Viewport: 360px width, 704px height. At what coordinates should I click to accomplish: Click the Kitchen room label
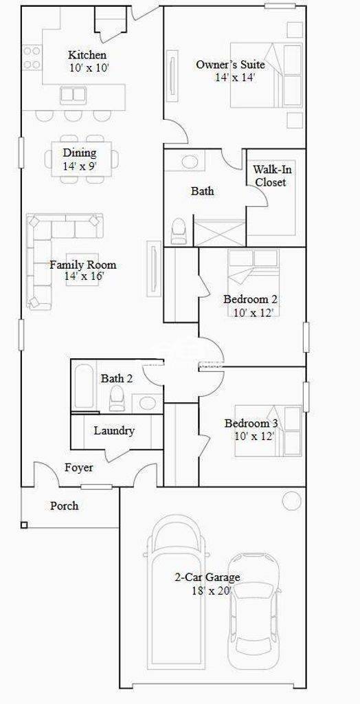click(x=87, y=55)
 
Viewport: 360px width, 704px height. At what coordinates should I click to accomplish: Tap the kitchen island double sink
click(x=73, y=94)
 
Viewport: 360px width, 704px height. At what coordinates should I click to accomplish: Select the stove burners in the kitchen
click(x=32, y=58)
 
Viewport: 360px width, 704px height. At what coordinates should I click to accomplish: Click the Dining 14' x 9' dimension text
click(x=80, y=166)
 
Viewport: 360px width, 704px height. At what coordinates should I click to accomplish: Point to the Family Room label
click(x=82, y=265)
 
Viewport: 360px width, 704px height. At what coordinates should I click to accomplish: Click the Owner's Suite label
click(x=230, y=65)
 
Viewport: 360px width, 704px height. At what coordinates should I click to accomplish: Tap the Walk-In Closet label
click(x=270, y=176)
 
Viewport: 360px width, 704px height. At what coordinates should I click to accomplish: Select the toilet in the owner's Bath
click(x=179, y=231)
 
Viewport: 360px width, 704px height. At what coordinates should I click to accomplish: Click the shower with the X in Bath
click(x=219, y=232)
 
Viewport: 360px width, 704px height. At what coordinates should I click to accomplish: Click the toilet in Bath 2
click(x=117, y=397)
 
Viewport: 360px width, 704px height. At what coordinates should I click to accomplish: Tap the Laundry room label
click(x=114, y=430)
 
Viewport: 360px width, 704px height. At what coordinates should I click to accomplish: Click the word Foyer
click(x=79, y=467)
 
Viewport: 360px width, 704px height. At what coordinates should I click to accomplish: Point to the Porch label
click(x=64, y=505)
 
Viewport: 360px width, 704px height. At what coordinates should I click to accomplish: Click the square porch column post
click(x=24, y=525)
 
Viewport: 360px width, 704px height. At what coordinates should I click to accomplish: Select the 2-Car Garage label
click(x=207, y=577)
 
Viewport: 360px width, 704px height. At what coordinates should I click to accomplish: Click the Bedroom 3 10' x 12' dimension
click(x=254, y=435)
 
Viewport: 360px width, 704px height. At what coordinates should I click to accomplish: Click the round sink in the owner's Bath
click(x=189, y=162)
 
